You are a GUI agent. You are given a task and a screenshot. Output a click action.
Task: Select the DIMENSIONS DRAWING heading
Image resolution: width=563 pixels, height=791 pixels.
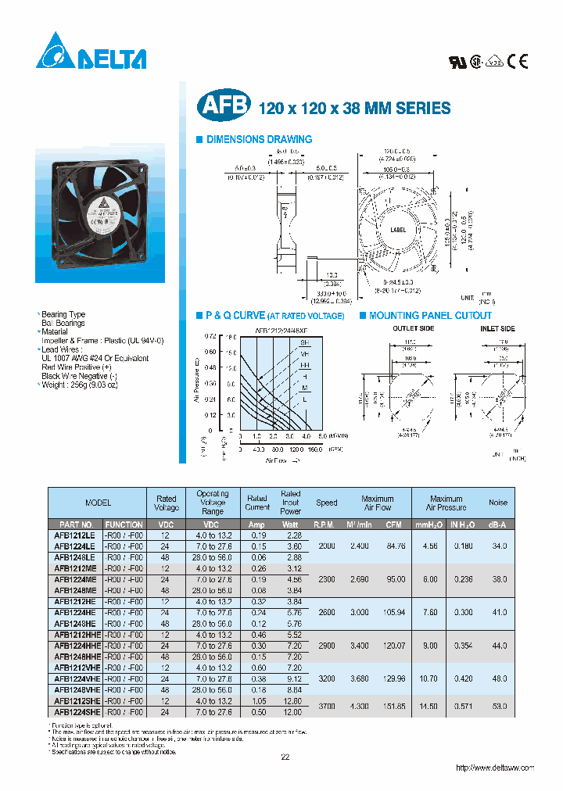pyautogui.click(x=258, y=139)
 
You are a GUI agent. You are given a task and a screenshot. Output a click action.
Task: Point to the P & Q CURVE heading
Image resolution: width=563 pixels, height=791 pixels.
pyautogui.click(x=274, y=316)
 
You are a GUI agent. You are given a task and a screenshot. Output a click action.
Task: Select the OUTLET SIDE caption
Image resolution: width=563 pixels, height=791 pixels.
pyautogui.click(x=413, y=329)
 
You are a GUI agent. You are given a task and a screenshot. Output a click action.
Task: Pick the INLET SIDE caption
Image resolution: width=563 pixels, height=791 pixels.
pyautogui.click(x=497, y=329)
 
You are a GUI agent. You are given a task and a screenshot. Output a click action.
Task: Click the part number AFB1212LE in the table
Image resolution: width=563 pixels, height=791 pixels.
pyautogui.click(x=75, y=535)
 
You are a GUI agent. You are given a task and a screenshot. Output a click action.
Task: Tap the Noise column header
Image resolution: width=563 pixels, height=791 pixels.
pyautogui.click(x=497, y=503)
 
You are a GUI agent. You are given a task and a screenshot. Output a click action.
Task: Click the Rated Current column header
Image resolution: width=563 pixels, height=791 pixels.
pyautogui.click(x=257, y=503)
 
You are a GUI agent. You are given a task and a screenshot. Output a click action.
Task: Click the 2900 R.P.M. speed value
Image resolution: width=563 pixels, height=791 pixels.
pyautogui.click(x=326, y=646)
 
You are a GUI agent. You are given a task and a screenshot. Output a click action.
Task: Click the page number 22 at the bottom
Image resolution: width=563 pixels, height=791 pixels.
pyautogui.click(x=285, y=757)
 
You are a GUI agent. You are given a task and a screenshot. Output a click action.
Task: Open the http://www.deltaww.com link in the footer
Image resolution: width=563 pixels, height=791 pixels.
pyautogui.click(x=495, y=768)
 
